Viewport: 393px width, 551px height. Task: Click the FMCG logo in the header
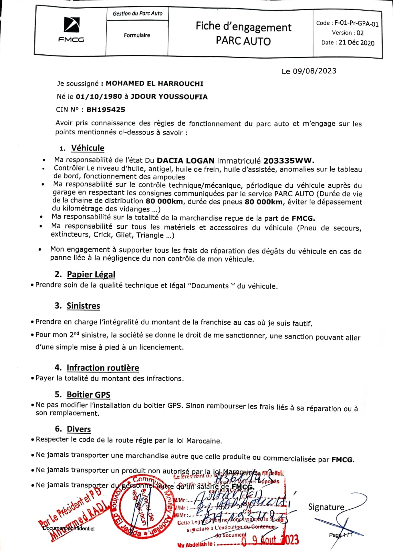(71, 30)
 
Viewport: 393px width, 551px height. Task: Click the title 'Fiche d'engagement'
(244, 27)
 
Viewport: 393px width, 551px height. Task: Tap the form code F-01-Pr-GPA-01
(356, 23)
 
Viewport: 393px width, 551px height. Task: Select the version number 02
(360, 33)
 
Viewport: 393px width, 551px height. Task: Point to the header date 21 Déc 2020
(356, 43)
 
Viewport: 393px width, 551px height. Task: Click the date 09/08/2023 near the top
(314, 71)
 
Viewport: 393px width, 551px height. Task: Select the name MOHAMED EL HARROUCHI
(154, 84)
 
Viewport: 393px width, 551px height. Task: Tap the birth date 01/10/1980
(99, 97)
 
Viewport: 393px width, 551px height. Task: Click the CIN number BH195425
(106, 110)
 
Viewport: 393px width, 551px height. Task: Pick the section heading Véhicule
(87, 148)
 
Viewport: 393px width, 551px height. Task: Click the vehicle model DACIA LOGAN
(185, 160)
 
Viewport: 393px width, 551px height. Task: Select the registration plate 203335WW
(289, 161)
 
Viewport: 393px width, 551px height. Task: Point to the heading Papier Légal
(91, 274)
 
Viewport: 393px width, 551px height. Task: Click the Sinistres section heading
(83, 306)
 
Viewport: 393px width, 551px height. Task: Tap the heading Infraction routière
(103, 368)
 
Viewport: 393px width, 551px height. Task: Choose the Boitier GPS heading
(89, 395)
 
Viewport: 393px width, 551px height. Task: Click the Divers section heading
(79, 429)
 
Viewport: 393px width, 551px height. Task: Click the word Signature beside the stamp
(326, 507)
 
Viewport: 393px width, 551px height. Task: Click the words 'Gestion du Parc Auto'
(137, 13)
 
